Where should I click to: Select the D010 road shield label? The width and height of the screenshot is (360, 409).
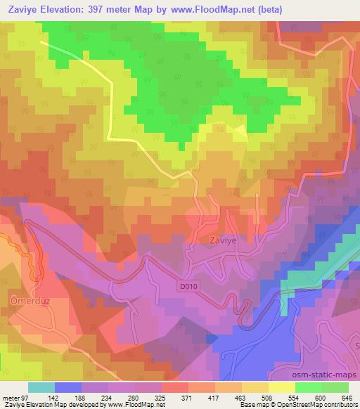click(x=186, y=287)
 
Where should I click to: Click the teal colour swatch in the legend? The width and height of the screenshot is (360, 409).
click(x=41, y=387)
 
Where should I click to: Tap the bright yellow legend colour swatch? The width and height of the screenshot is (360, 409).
click(x=281, y=387)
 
